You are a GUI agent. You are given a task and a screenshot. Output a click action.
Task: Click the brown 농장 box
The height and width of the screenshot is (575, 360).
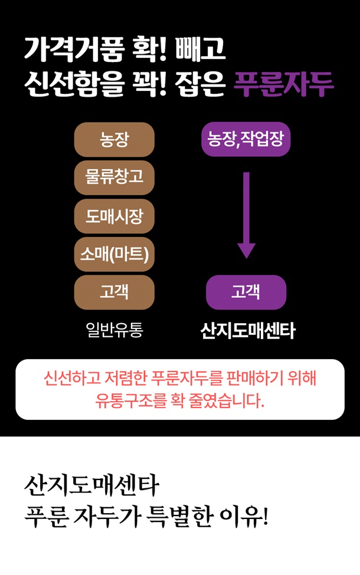(114, 140)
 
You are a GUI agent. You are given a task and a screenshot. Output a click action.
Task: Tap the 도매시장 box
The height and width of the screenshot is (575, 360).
(114, 216)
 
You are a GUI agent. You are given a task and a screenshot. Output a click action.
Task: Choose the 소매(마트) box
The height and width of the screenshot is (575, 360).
(114, 254)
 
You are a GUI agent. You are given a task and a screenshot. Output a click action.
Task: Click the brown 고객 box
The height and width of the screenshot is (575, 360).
(114, 292)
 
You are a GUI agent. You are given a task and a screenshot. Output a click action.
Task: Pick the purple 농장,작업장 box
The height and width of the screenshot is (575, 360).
(246, 139)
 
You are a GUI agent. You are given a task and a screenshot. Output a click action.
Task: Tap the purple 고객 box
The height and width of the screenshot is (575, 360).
(246, 292)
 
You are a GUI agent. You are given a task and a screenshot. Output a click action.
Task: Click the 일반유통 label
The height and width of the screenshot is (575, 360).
(114, 330)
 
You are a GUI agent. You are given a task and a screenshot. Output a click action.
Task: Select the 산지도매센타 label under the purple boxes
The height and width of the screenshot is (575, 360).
(247, 331)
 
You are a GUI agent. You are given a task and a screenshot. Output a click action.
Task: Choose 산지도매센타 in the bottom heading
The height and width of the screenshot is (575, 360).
(91, 486)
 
